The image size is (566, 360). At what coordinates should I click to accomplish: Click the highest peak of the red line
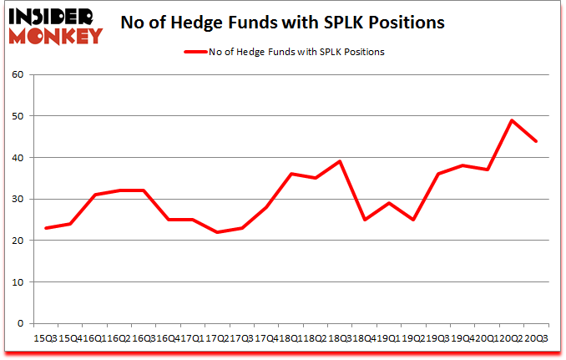point(511,120)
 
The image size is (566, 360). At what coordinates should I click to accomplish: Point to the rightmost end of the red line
point(535,141)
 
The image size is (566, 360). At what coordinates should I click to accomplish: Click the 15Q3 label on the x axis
point(44,337)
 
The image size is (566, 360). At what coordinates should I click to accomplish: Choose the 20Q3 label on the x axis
point(536,337)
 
